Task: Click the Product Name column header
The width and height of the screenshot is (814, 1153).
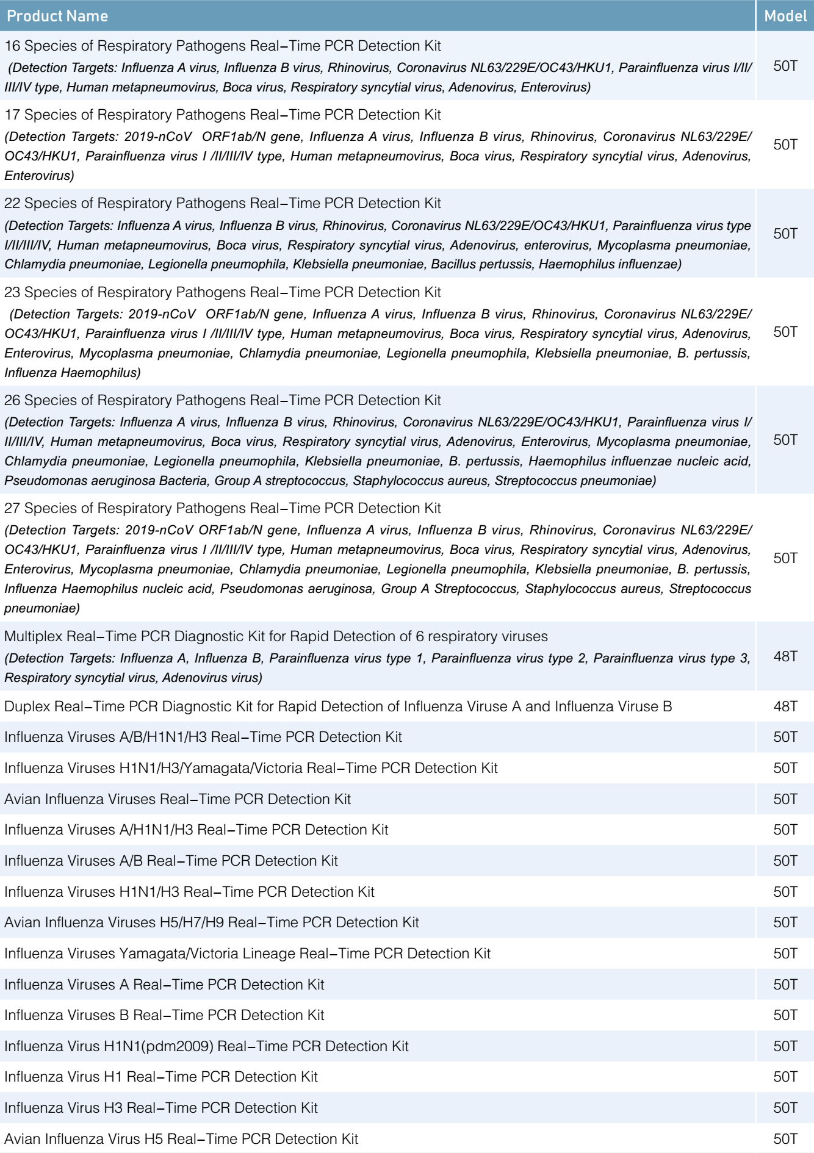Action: point(57,16)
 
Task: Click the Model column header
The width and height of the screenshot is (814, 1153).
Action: point(785,16)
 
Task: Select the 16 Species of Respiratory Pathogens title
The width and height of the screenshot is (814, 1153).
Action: point(223,46)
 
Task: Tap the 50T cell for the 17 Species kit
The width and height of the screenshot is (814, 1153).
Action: point(785,145)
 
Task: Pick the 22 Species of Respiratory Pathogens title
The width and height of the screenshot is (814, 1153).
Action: point(223,203)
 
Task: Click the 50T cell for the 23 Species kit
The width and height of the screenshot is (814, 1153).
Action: point(785,332)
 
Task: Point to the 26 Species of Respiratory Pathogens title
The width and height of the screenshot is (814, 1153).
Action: point(223,400)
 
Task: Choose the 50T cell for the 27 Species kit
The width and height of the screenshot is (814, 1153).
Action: point(785,558)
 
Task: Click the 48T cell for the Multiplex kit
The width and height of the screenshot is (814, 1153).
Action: point(785,656)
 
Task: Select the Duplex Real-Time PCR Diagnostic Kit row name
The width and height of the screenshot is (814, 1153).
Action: point(338,706)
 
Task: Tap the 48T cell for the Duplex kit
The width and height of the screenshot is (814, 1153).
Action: point(785,706)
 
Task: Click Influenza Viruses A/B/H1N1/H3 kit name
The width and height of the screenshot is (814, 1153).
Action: point(203,737)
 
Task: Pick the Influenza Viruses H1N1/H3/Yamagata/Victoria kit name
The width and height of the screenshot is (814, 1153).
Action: point(251,768)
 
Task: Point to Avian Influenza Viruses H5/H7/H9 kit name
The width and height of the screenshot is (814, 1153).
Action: point(212,922)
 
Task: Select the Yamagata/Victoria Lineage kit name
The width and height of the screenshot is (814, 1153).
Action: point(247,954)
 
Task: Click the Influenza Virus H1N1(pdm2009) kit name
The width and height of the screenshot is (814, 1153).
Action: point(206,1046)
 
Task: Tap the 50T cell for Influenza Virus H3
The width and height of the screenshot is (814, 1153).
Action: point(785,1108)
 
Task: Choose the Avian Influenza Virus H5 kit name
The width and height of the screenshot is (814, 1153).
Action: point(181,1139)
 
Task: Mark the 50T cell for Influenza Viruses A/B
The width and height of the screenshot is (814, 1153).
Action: point(785,861)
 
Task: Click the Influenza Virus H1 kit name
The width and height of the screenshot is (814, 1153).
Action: point(161,1077)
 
